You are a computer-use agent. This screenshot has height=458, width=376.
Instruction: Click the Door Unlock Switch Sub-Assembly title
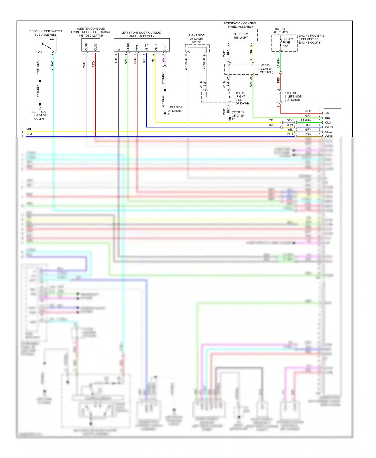point(45,33)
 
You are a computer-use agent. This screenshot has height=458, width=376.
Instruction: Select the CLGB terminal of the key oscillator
point(86,47)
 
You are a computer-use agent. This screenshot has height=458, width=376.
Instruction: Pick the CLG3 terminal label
point(96,47)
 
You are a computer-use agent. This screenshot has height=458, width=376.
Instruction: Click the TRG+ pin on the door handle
point(137,47)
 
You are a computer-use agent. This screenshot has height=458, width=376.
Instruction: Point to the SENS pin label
point(128,47)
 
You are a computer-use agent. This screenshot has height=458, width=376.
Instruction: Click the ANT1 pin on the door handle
point(156,47)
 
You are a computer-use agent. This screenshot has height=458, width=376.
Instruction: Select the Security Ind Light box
point(241,36)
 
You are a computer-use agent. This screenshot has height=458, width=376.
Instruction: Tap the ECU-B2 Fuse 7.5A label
point(287,42)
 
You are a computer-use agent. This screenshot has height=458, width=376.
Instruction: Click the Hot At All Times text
point(280,31)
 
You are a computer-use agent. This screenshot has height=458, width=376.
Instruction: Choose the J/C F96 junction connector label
point(197,42)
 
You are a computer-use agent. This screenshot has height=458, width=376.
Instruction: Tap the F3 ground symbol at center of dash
point(230,119)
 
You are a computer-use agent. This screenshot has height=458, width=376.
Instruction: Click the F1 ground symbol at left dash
point(165,114)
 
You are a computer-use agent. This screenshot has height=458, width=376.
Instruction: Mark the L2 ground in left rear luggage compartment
point(40,104)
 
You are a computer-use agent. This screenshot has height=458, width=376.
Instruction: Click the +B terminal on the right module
point(327,113)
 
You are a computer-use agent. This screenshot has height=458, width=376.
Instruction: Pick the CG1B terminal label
point(329,127)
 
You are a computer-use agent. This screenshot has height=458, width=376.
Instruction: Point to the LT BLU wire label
point(52,66)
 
